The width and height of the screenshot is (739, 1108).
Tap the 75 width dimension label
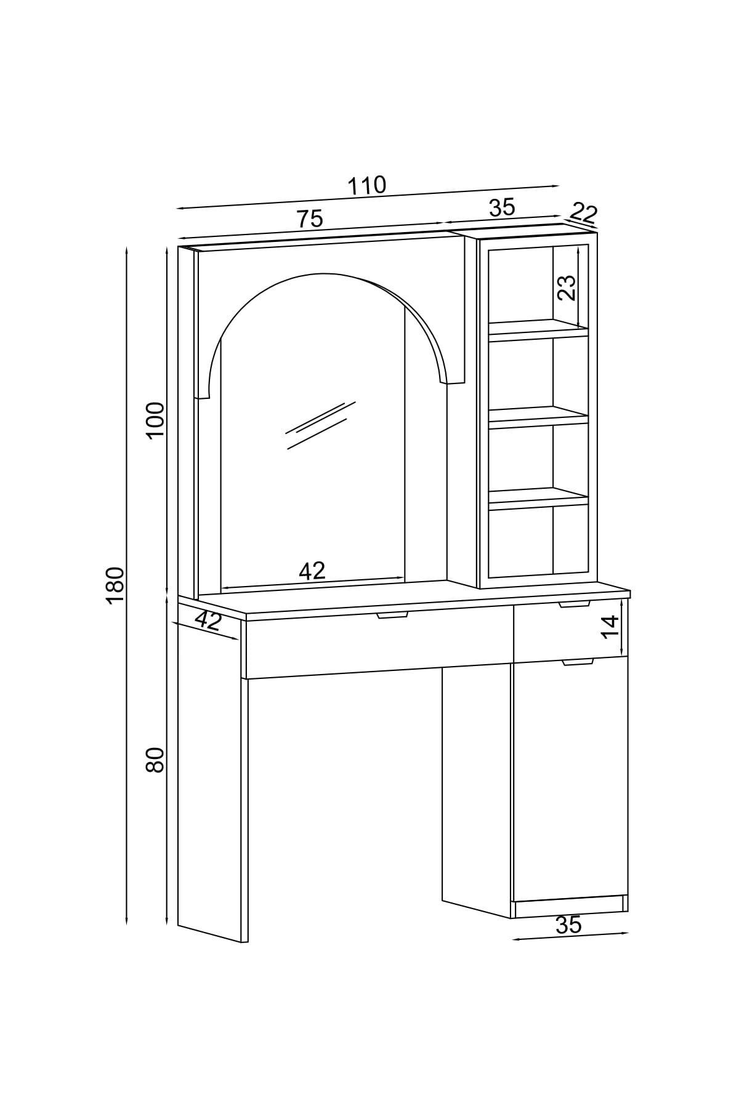(310, 219)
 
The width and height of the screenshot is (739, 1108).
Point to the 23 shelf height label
(567, 287)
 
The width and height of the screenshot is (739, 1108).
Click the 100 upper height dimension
(156, 419)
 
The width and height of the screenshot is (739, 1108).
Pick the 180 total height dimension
(115, 585)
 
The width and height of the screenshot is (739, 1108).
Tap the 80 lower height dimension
(155, 760)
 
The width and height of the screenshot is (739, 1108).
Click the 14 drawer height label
(609, 627)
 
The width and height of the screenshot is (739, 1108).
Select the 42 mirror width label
(312, 571)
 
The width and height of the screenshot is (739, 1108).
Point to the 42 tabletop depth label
(209, 620)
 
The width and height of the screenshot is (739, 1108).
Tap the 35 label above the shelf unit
(502, 208)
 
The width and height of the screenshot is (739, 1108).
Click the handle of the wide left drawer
(393, 614)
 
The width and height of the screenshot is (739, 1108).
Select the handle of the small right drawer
(575, 604)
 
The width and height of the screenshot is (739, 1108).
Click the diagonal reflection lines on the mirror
(321, 425)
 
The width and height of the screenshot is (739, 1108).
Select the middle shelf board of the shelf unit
(539, 417)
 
